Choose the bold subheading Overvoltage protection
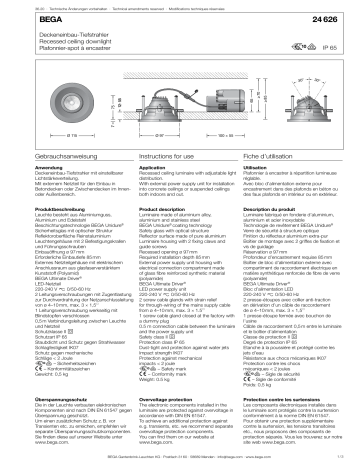(156, 398)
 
